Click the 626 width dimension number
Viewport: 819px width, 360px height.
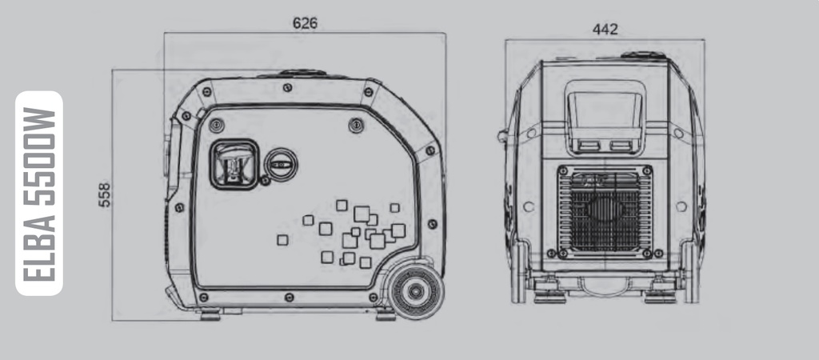(x=305, y=23)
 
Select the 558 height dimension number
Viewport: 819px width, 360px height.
(x=105, y=195)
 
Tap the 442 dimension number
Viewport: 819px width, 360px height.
(x=605, y=30)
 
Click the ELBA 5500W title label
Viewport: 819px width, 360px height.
(x=39, y=194)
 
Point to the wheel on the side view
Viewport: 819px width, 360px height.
(x=415, y=291)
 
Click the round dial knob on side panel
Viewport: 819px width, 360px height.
(x=281, y=165)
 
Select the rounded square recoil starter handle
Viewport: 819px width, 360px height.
(x=234, y=164)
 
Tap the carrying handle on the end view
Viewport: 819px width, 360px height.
(x=605, y=117)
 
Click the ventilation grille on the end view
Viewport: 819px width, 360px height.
(x=605, y=212)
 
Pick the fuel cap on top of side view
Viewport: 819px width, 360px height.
(x=302, y=74)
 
